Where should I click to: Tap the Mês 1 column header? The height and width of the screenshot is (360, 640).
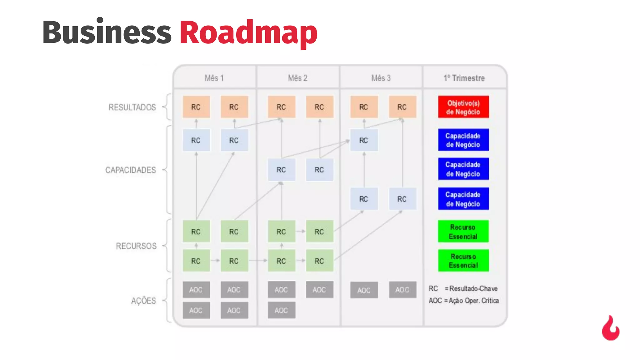pyautogui.click(x=214, y=78)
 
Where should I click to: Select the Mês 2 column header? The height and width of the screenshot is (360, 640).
pyautogui.click(x=298, y=78)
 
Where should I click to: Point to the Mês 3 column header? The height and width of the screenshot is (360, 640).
pyautogui.click(x=381, y=78)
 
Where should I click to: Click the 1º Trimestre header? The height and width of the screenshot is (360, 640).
pyautogui.click(x=464, y=78)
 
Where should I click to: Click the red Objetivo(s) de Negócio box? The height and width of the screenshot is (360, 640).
pyautogui.click(x=463, y=107)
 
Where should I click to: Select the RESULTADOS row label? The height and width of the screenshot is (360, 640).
pyautogui.click(x=132, y=107)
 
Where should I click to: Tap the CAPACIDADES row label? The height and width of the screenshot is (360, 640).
pyautogui.click(x=130, y=170)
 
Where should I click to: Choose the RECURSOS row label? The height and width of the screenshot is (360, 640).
pyautogui.click(x=136, y=246)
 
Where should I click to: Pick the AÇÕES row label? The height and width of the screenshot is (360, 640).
pyautogui.click(x=143, y=301)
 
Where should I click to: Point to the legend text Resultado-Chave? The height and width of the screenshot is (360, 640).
pyautogui.click(x=473, y=288)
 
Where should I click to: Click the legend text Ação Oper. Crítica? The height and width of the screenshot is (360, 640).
pyautogui.click(x=473, y=301)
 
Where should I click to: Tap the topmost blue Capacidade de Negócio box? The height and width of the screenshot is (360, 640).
pyautogui.click(x=463, y=140)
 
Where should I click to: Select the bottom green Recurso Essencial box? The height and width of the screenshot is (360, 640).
pyautogui.click(x=463, y=261)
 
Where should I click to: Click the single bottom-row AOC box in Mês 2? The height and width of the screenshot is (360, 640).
pyautogui.click(x=281, y=310)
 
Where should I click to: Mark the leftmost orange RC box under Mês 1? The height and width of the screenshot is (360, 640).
pyautogui.click(x=196, y=107)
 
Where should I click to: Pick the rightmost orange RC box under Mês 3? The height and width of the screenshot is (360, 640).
pyautogui.click(x=402, y=107)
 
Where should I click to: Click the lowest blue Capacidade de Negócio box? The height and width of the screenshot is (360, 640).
pyautogui.click(x=463, y=199)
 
